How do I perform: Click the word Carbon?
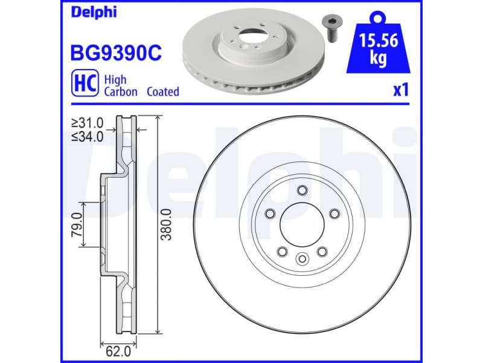click(120, 92)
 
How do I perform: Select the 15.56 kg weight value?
click(377, 49)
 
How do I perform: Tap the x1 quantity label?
click(401, 91)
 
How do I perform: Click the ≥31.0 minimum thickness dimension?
click(87, 123)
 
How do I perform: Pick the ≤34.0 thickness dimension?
click(87, 136)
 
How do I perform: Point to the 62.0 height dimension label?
click(117, 350)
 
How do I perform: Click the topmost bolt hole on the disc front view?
click(301, 191)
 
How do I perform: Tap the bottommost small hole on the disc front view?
click(301, 259)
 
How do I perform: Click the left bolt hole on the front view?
click(269, 213)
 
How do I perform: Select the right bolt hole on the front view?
click(333, 213)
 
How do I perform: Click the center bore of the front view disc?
click(301, 224)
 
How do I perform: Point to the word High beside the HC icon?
click(115, 79)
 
